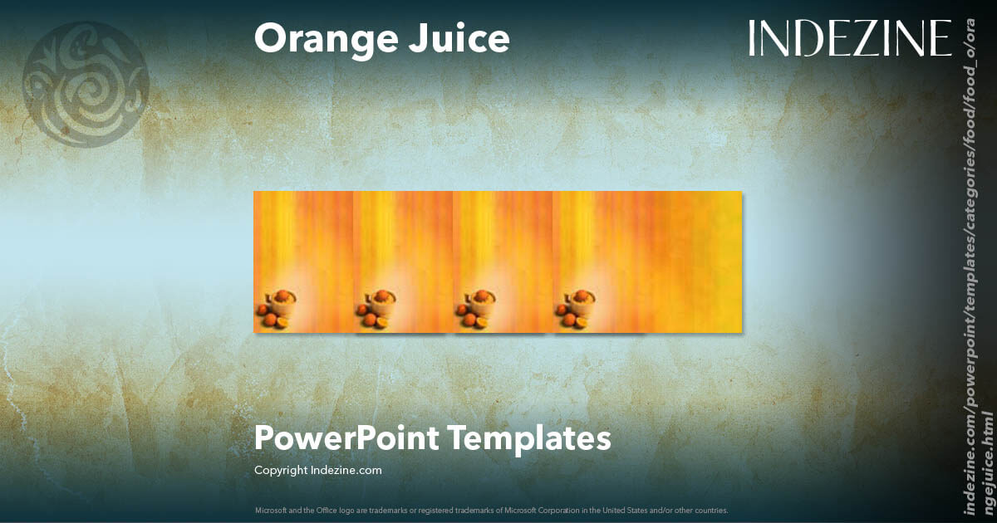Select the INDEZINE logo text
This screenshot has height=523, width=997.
pyautogui.click(x=849, y=39)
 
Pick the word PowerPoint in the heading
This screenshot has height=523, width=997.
pyautogui.click(x=346, y=437)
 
